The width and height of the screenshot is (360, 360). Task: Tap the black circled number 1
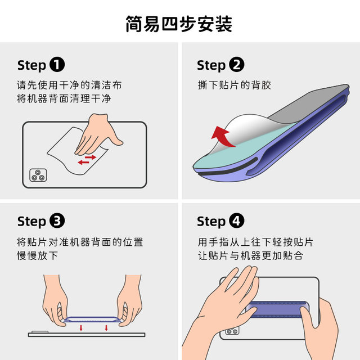pyautogui.click(x=57, y=65)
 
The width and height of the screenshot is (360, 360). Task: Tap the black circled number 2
pyautogui.click(x=237, y=65)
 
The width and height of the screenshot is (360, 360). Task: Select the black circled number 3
pyautogui.click(x=57, y=221)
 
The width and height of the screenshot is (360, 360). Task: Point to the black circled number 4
pyautogui.click(x=237, y=221)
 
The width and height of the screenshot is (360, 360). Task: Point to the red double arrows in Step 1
pyautogui.click(x=87, y=159)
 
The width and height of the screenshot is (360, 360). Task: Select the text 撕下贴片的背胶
pyautogui.click(x=234, y=85)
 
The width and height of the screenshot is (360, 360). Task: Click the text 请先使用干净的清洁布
pyautogui.click(x=69, y=85)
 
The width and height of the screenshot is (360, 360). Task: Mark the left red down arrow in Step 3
pyautogui.click(x=81, y=327)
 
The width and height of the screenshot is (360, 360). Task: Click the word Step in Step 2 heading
pyautogui.click(x=211, y=65)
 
